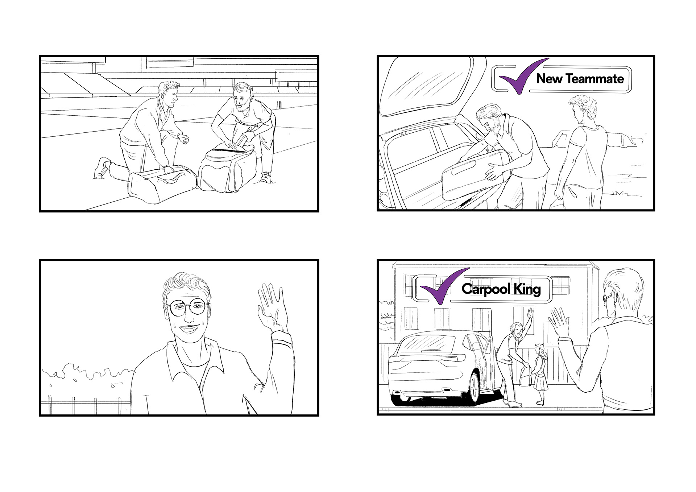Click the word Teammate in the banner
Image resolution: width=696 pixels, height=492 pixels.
click(x=594, y=79)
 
